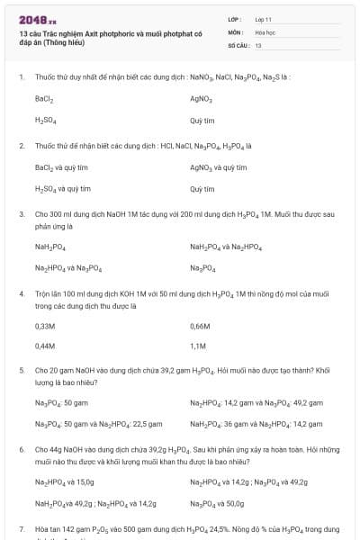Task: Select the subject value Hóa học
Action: pyautogui.click(x=265, y=31)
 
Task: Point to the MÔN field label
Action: pyautogui.click(x=235, y=31)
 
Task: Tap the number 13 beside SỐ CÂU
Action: pyautogui.click(x=258, y=44)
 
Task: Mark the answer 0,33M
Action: pyautogui.click(x=45, y=325)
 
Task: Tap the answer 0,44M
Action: pyautogui.click(x=45, y=346)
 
